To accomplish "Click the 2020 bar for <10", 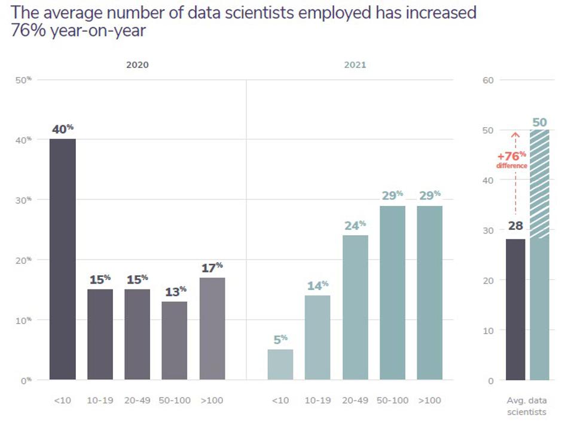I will (63, 260).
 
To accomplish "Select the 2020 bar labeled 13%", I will (175, 340).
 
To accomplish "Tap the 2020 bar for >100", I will (212, 328).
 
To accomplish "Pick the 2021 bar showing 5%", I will (280, 364).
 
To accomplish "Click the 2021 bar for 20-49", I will (355, 307).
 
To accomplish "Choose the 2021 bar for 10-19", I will (317, 337).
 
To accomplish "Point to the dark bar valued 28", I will (515, 309).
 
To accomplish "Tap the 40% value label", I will (62, 129).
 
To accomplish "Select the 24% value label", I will (355, 226).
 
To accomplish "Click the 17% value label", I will (212, 267).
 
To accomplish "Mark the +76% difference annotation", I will (512, 159).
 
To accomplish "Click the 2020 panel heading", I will (137, 65).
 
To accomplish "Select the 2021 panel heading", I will (355, 65).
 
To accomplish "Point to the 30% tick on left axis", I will (24, 199).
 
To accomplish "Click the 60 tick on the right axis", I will (487, 80).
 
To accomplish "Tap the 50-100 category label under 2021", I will (392, 400).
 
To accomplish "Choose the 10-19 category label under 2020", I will (100, 400).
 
